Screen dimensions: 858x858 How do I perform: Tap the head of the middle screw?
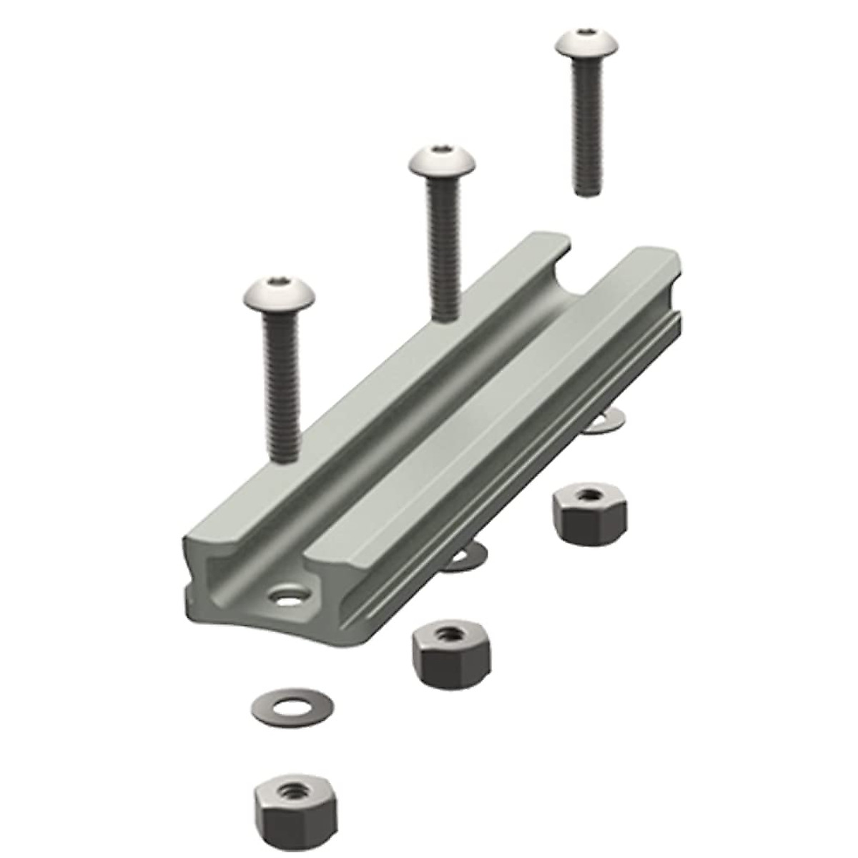(443, 163)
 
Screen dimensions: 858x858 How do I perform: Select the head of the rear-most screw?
(586, 44)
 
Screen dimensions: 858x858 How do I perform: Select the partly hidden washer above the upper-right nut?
(605, 423)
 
